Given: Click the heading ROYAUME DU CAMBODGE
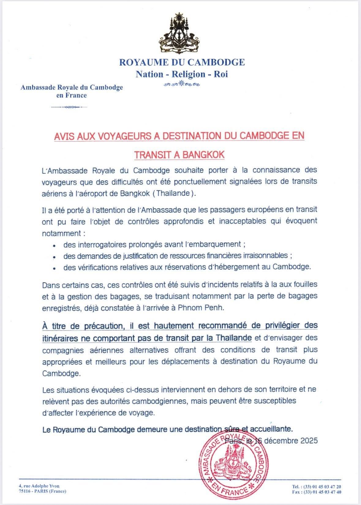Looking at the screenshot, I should pos(182,62).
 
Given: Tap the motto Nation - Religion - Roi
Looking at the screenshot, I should pos(182,74).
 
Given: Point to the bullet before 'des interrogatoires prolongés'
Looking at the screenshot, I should pos(54,245).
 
